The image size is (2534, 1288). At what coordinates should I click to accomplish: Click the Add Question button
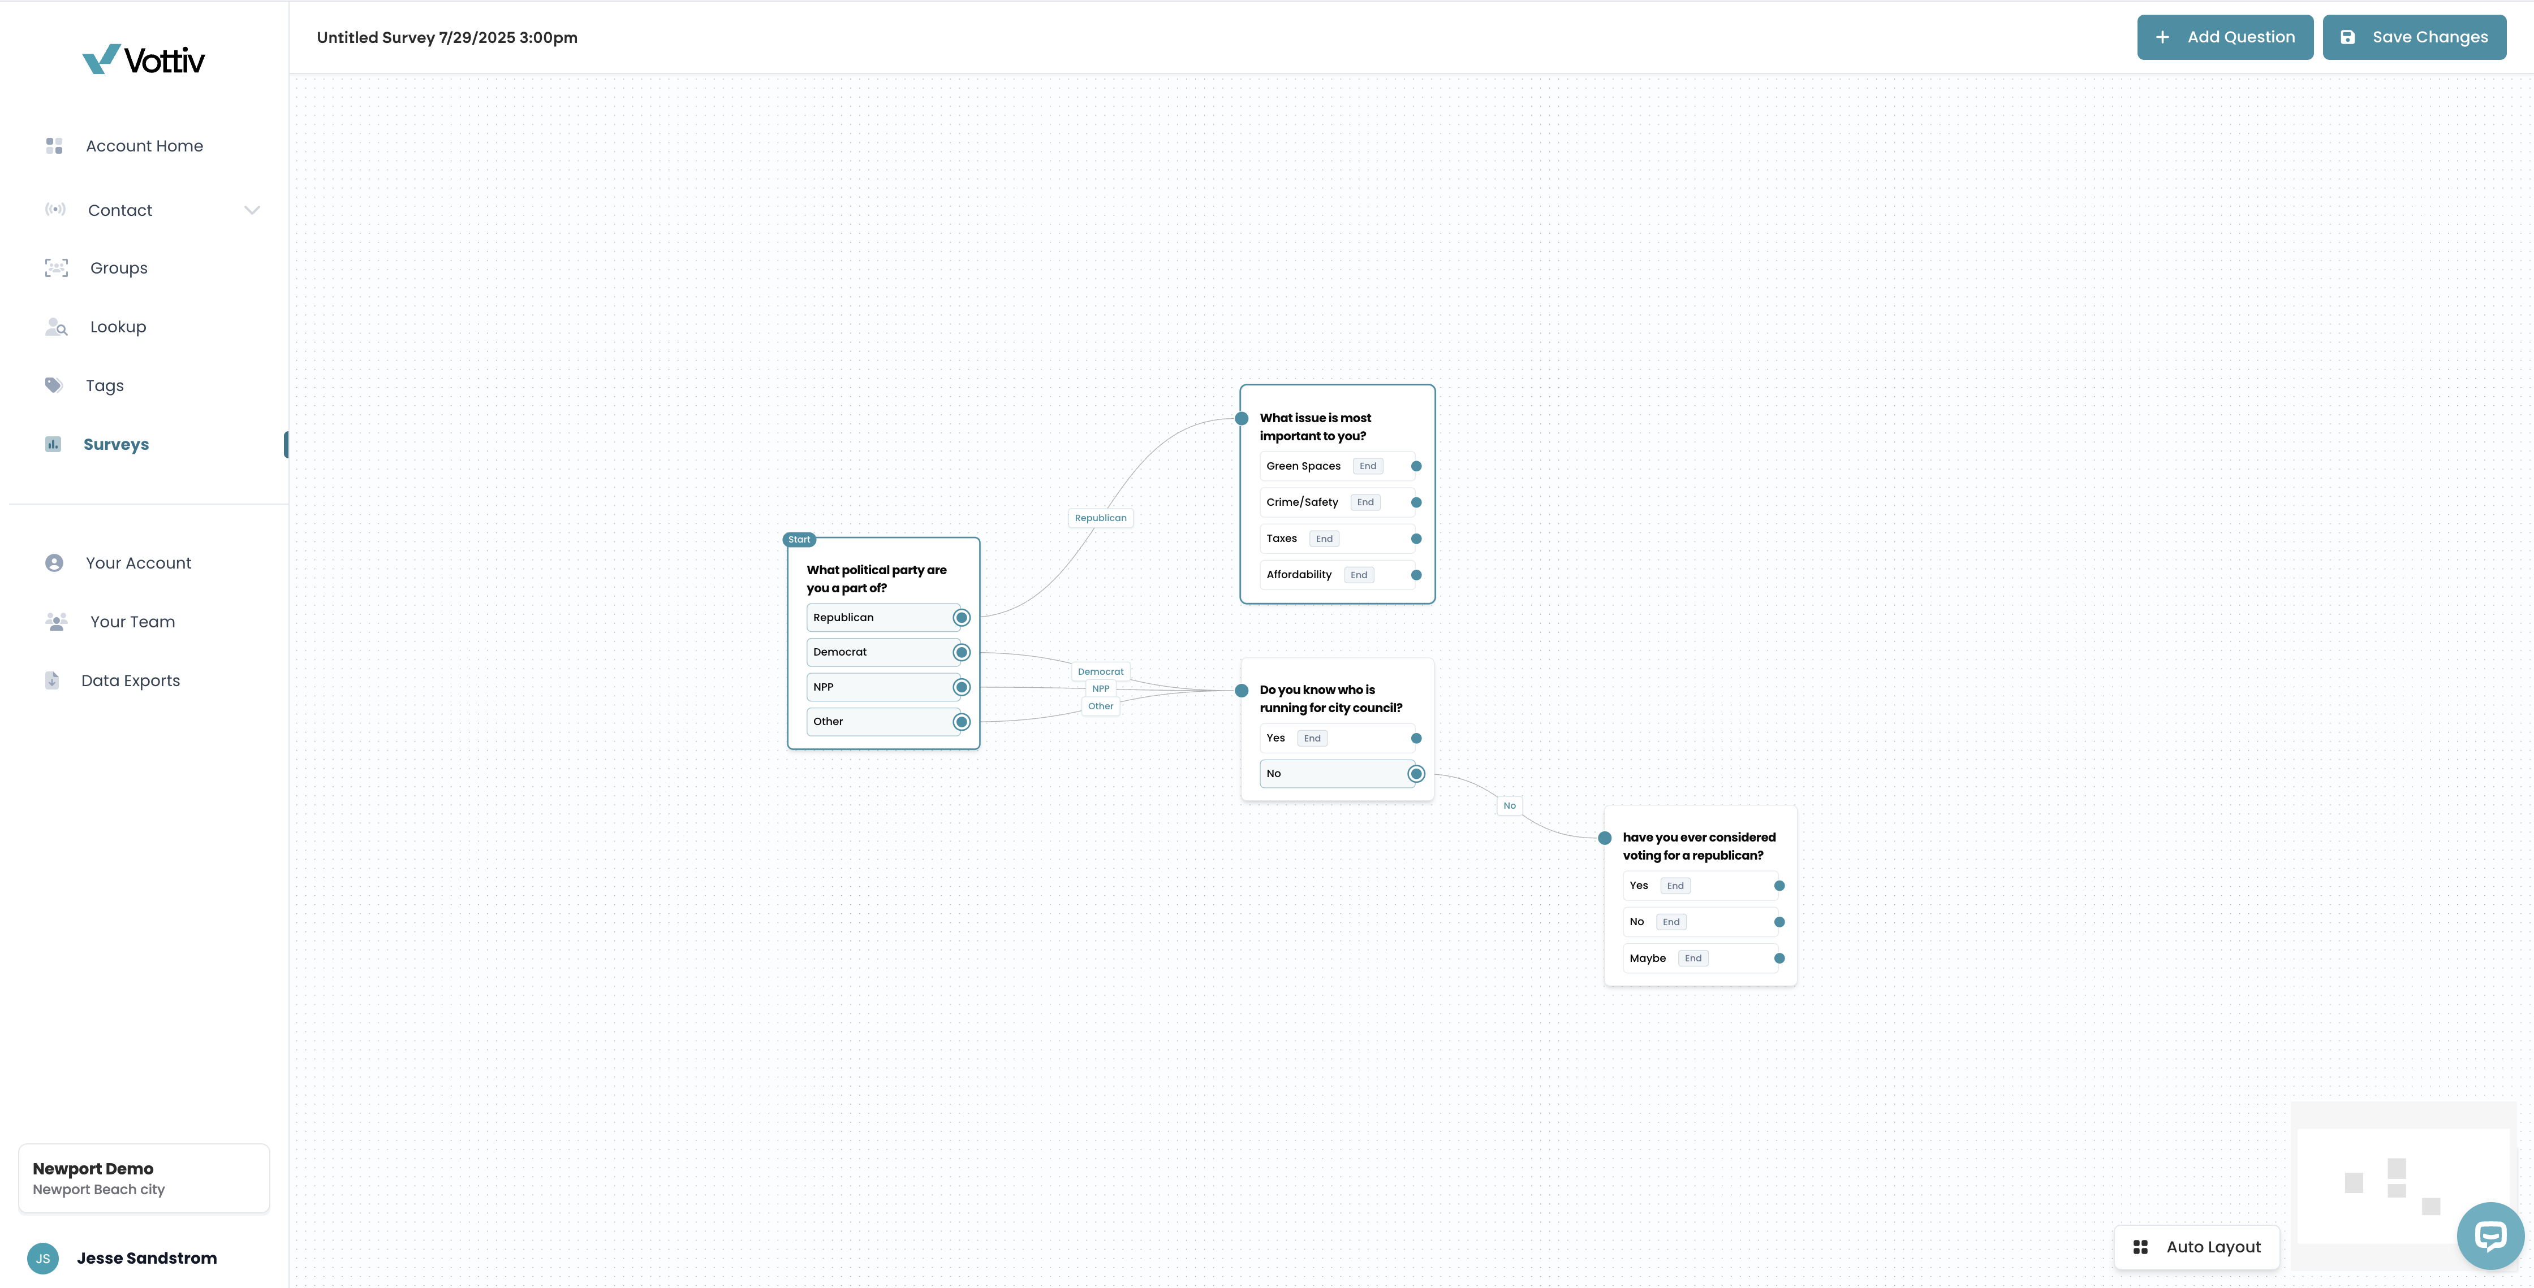[2224, 37]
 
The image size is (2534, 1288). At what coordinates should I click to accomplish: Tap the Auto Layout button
[2196, 1247]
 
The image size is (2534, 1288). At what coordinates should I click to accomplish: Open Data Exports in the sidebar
[131, 680]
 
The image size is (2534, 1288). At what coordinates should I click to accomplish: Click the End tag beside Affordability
[1359, 575]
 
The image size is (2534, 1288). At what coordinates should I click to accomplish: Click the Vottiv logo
[144, 60]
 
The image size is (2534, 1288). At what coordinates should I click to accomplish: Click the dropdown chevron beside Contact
[252, 210]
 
